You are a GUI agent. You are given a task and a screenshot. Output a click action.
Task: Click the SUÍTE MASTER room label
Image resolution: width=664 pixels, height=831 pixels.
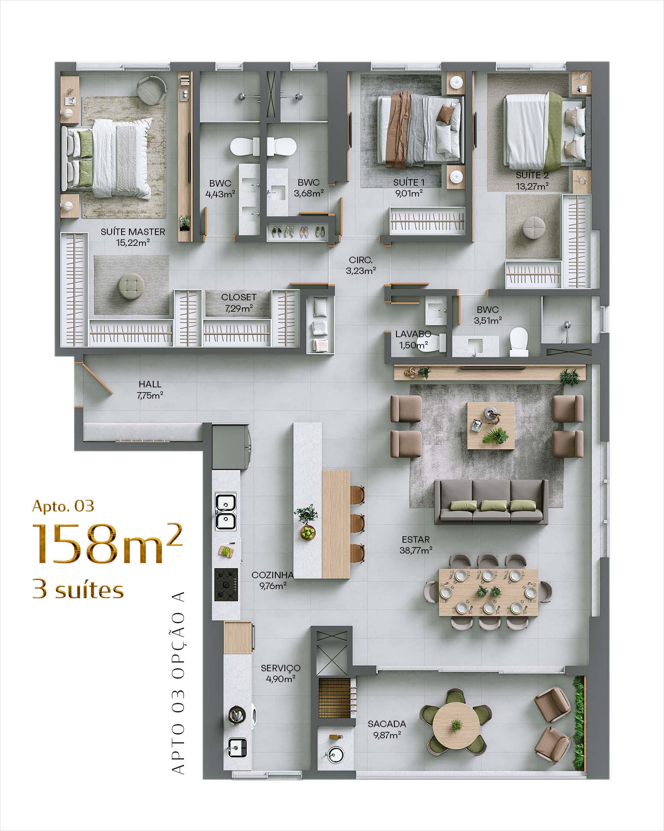[x=133, y=237]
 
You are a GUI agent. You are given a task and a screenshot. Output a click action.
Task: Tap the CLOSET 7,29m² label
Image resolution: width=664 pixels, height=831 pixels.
[x=239, y=303]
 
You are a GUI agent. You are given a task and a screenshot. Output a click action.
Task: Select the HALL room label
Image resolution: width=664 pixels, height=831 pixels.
[x=150, y=390]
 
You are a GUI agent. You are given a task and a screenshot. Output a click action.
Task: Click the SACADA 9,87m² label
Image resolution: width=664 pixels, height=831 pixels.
[x=387, y=729]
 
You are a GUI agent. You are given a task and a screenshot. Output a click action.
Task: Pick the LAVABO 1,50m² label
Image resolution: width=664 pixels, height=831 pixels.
[x=413, y=340]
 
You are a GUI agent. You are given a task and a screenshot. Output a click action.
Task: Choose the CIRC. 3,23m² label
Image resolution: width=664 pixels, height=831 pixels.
[x=361, y=265]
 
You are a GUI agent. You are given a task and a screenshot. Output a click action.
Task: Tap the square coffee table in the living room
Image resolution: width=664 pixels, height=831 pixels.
[x=491, y=425]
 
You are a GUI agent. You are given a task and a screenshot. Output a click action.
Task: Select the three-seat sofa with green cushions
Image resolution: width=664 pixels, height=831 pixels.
[x=491, y=502]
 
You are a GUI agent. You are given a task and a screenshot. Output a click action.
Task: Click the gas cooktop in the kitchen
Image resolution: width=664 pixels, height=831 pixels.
[x=226, y=584]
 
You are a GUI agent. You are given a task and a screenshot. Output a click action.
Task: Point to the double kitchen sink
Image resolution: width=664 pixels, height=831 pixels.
[x=226, y=512]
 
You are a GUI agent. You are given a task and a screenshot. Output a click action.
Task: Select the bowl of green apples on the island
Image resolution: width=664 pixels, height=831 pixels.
[x=308, y=532]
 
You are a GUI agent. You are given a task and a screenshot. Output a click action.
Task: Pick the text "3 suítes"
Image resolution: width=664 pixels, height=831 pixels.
[x=78, y=589]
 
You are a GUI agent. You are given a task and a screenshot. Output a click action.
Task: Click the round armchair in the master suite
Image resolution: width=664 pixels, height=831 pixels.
[x=151, y=90]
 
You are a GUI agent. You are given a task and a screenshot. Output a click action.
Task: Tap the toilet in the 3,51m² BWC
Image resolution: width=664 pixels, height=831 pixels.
[x=519, y=341]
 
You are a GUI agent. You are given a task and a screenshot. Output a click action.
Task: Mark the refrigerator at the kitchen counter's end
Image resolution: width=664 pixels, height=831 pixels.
[x=230, y=447]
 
